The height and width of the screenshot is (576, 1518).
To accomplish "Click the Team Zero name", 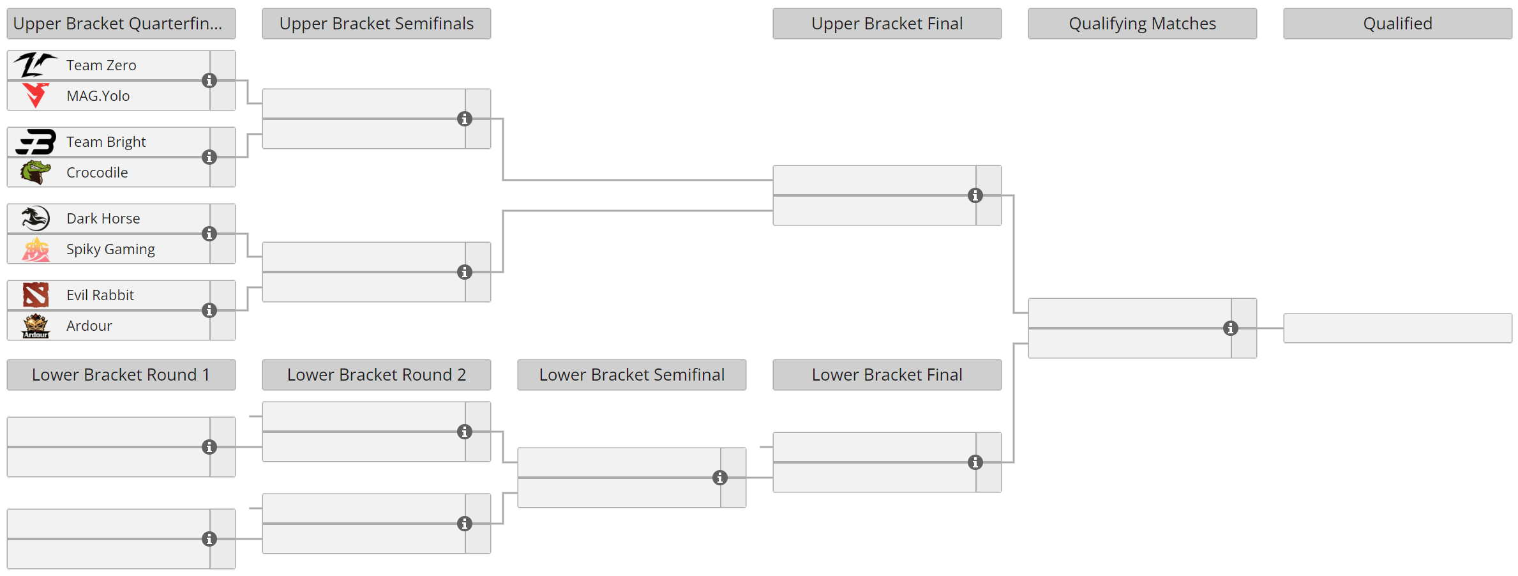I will [101, 65].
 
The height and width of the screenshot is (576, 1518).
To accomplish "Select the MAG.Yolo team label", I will [98, 96].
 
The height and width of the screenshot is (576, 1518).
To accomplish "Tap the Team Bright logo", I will [36, 142].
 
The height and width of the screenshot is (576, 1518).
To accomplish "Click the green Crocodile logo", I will [36, 172].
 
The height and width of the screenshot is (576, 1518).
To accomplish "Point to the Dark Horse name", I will [103, 218].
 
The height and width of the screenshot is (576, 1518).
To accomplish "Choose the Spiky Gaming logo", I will [36, 250].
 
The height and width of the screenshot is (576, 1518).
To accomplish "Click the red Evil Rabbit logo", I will [36, 295].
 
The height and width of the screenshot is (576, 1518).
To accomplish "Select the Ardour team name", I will [89, 326].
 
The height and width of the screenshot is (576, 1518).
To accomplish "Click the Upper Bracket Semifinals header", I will [376, 24].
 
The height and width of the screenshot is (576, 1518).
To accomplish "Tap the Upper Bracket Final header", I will [887, 24].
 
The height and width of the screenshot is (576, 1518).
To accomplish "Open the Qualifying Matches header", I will [1142, 24].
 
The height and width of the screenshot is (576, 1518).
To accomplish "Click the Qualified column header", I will [1397, 24].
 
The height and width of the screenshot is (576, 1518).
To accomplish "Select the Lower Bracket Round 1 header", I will [121, 375].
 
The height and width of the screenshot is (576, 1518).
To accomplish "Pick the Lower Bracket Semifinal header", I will [631, 375].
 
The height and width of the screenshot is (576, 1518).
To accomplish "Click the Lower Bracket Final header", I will [887, 375].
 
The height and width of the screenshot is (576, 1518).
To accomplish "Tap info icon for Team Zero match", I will [209, 80].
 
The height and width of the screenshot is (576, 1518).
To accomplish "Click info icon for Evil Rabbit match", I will [209, 310].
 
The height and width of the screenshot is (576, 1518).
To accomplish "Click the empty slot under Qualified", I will [1397, 328].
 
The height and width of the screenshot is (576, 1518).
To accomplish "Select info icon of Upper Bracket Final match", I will [975, 195].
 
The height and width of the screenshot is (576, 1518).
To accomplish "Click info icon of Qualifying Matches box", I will [1231, 328].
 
